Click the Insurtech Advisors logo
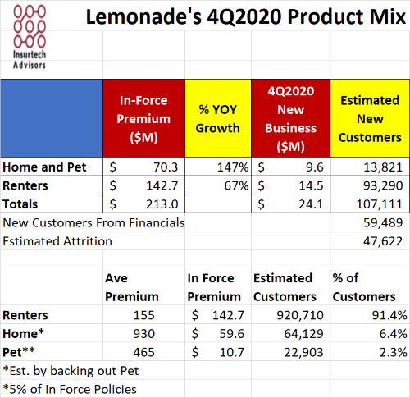[x=30, y=37]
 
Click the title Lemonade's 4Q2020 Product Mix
[x=246, y=16]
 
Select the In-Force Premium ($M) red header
[x=143, y=118]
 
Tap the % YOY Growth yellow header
[x=218, y=118]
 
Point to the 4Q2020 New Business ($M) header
[x=291, y=118]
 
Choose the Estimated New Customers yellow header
[x=370, y=118]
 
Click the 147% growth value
[x=233, y=167]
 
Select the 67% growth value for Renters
[x=236, y=185]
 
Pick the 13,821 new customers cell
[x=383, y=167]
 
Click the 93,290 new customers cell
[x=383, y=185]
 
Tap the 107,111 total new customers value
[x=380, y=204]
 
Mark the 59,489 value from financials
[x=383, y=222]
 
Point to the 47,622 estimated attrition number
[x=383, y=241]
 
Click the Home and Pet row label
[x=44, y=167]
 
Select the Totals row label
[x=20, y=204]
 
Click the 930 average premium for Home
[x=144, y=334]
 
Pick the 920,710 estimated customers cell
[x=300, y=315]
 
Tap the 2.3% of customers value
[x=394, y=352]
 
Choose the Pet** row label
[x=19, y=352]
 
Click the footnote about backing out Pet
[x=71, y=371]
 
